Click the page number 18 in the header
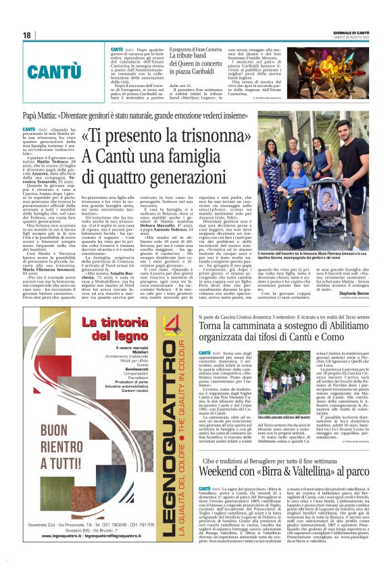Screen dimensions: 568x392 (x=26, y=35)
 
